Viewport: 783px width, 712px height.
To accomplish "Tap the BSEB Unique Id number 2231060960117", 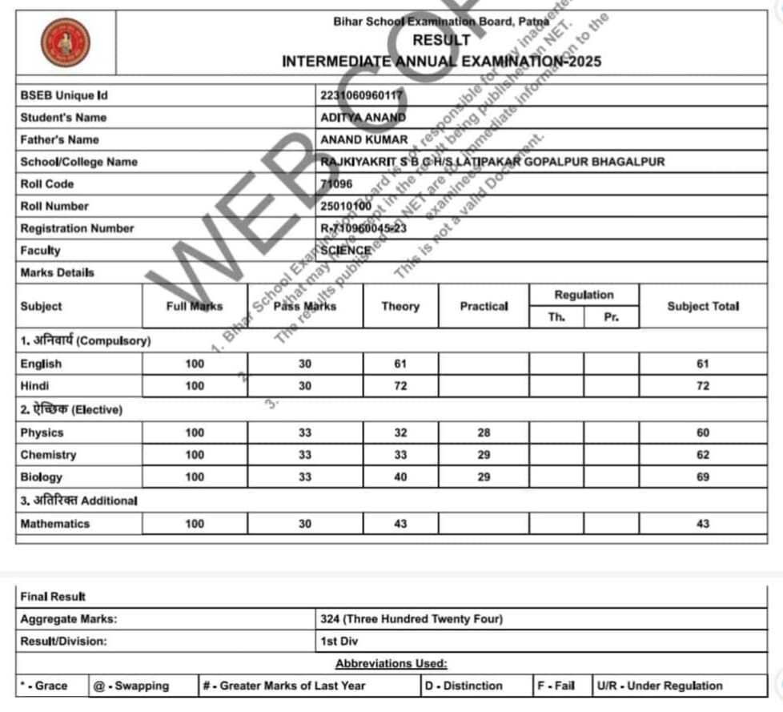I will point(360,95).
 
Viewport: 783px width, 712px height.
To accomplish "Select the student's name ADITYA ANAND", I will point(358,117).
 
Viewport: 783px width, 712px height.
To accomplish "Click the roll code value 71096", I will point(337,183).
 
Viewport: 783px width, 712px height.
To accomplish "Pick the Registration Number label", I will point(77,228).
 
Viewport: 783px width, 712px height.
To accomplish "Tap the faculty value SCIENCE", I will point(346,250).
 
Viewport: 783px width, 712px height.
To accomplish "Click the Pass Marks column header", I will point(305,306).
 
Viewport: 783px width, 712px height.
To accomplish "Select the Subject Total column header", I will point(702,306).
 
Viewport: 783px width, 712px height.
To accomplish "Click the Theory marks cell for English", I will point(400,364).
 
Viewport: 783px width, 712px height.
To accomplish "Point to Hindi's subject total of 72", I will point(703,386).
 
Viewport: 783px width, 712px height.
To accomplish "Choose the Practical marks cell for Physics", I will point(483,432).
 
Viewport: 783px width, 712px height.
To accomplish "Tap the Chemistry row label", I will point(48,455).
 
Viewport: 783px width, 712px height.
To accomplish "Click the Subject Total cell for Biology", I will point(703,477).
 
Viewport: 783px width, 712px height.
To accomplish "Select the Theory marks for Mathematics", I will point(400,524).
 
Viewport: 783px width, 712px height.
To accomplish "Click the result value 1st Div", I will point(339,642).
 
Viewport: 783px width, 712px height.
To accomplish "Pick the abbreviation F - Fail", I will point(556,686).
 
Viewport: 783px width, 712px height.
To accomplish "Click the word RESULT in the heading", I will point(441,40).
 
